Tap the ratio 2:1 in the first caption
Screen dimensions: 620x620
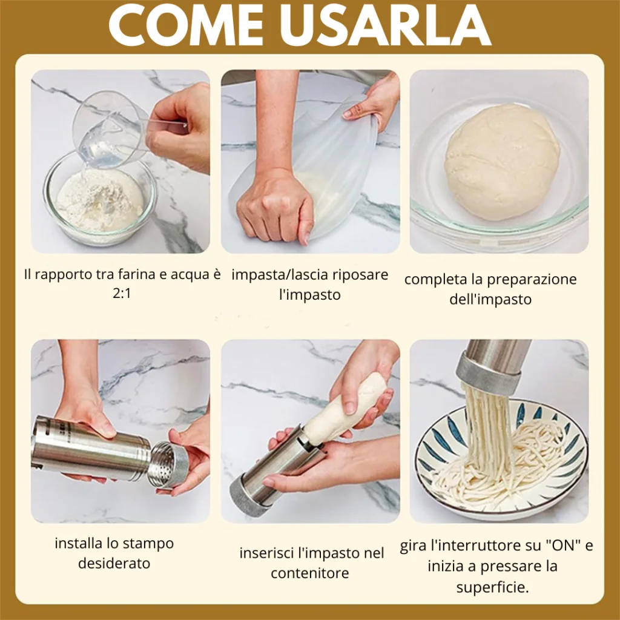[121, 294]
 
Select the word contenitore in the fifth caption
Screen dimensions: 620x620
[310, 573]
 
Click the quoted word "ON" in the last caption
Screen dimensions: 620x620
[563, 546]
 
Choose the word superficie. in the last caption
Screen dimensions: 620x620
[493, 587]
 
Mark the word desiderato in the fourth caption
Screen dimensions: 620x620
[114, 563]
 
